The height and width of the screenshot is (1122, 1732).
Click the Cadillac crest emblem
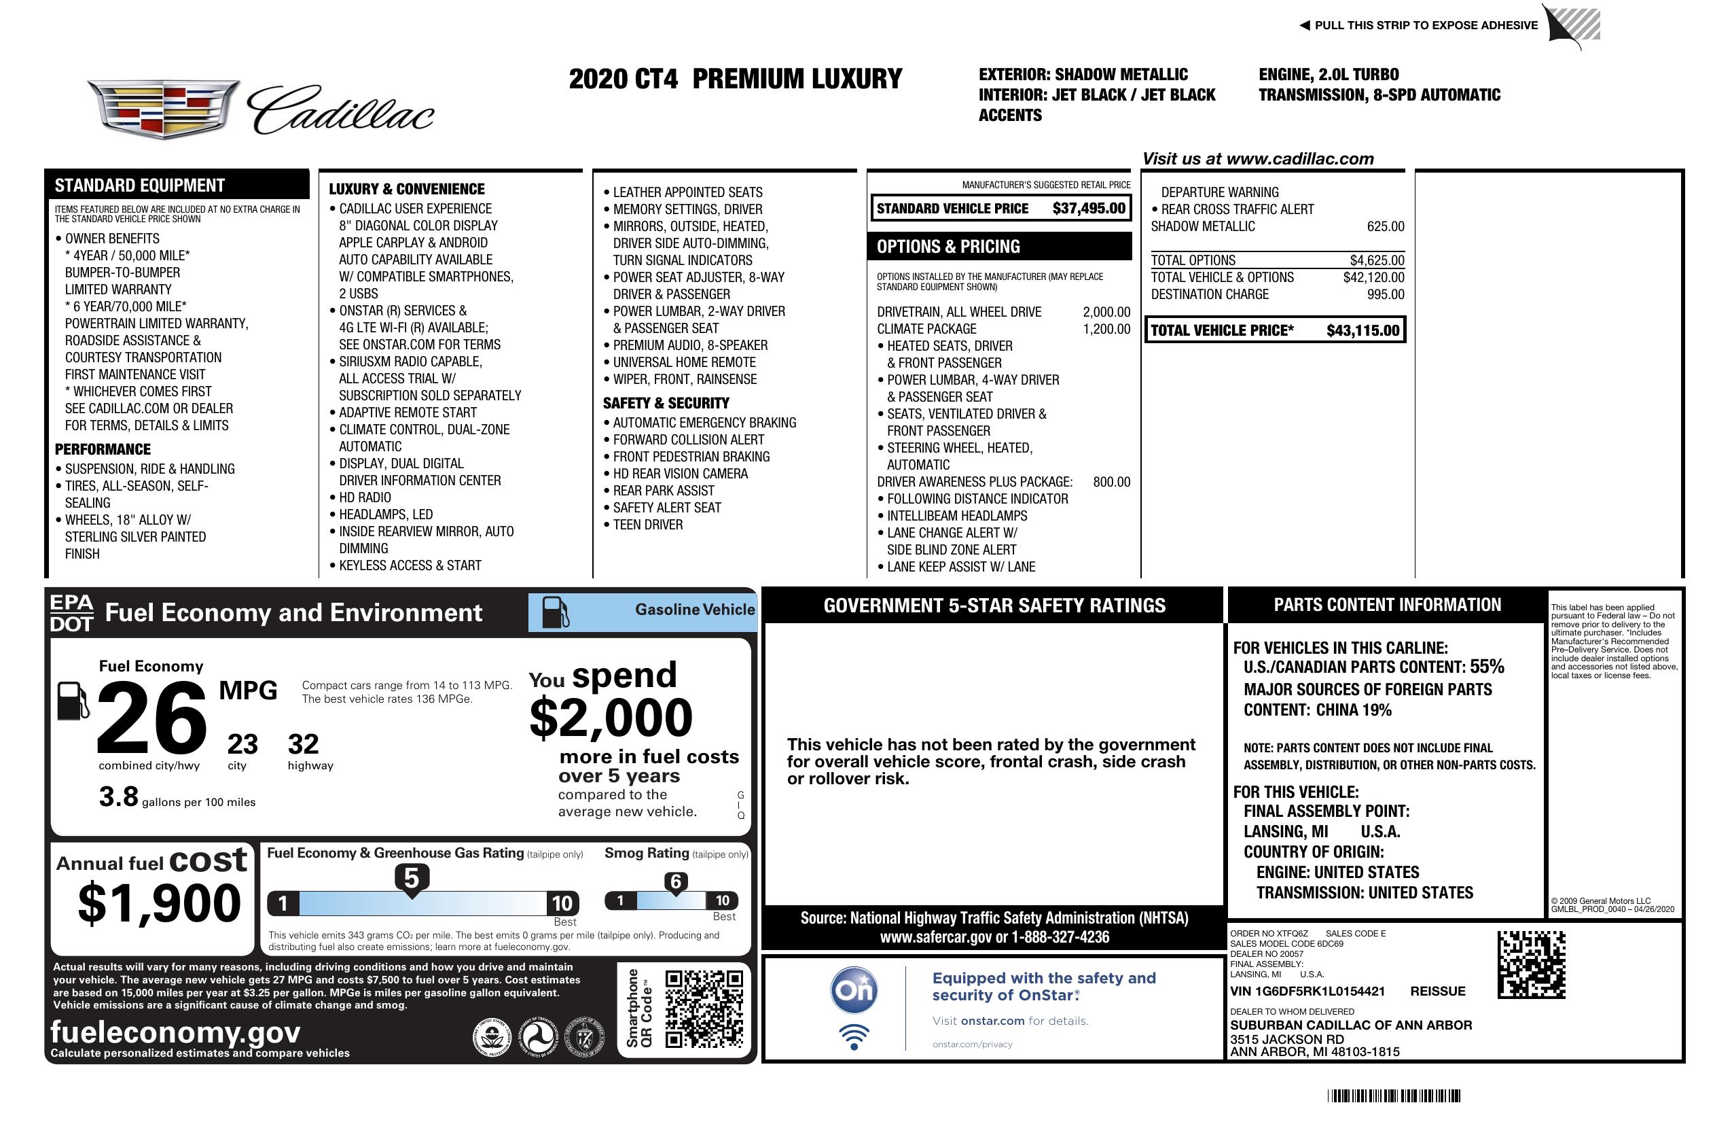pyautogui.click(x=164, y=109)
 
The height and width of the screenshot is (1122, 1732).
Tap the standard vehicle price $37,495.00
pyautogui.click(x=1088, y=209)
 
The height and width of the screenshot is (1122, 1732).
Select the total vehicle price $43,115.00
pyautogui.click(x=1363, y=330)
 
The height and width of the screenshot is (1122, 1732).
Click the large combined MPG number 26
pyautogui.click(x=151, y=718)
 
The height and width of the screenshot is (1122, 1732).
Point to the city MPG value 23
pyautogui.click(x=242, y=744)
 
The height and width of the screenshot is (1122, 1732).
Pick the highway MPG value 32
pyautogui.click(x=304, y=744)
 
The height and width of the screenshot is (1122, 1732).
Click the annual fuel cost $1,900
pyautogui.click(x=159, y=903)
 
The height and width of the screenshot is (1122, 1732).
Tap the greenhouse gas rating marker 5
pyautogui.click(x=411, y=879)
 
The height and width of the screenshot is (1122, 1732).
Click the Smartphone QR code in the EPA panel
pyautogui.click(x=704, y=1009)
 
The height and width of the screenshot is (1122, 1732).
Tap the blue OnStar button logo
pyautogui.click(x=854, y=990)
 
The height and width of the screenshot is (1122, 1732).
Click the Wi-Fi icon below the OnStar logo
pyautogui.click(x=854, y=1037)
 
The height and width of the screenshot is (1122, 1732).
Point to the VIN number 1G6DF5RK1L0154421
pyautogui.click(x=1307, y=992)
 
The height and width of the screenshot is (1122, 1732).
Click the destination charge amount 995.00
pyautogui.click(x=1385, y=295)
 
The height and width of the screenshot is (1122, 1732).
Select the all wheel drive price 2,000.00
pyautogui.click(x=1106, y=313)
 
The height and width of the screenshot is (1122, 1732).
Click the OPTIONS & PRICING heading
pyautogui.click(x=948, y=247)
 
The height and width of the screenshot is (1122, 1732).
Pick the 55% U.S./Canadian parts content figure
pyautogui.click(x=1487, y=667)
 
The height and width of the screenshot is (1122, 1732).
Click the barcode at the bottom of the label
pyautogui.click(x=1393, y=1095)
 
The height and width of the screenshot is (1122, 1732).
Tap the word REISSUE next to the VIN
pyautogui.click(x=1437, y=992)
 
